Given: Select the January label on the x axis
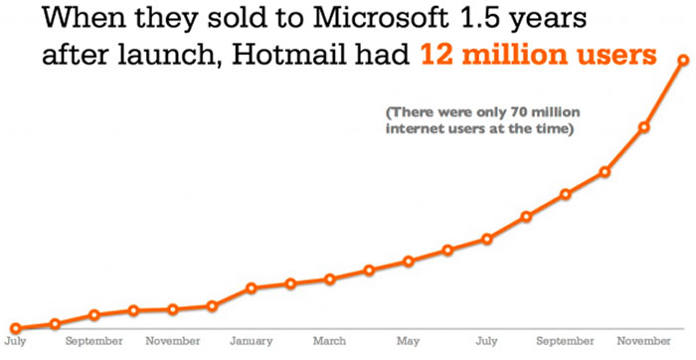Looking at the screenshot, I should (x=251, y=341).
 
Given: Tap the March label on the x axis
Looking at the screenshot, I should (x=329, y=341).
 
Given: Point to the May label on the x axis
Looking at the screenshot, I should (x=408, y=341).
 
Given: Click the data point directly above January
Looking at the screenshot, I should (x=252, y=288).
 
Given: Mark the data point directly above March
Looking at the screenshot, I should (x=330, y=279).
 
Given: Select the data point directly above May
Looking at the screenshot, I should (x=408, y=262).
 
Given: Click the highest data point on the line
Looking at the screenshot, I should (x=683, y=61).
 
